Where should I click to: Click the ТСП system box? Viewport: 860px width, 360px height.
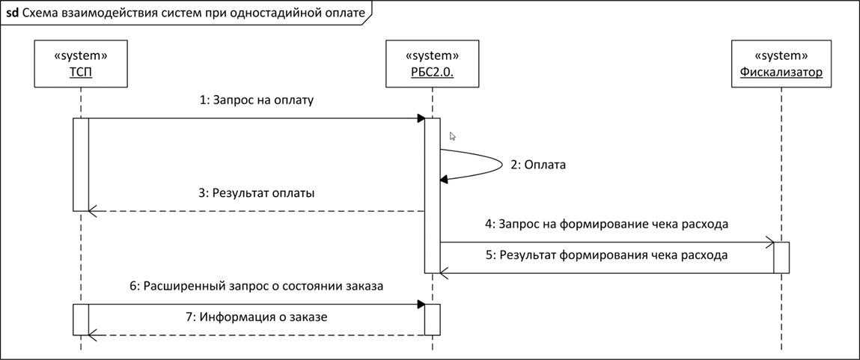(81, 64)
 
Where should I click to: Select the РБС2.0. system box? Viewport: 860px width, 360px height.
(432, 64)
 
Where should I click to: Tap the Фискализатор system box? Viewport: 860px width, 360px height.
(781, 64)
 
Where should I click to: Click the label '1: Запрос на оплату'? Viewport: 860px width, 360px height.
(257, 100)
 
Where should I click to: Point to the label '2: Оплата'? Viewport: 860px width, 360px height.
(538, 165)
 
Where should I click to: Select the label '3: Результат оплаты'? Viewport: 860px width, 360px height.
(257, 193)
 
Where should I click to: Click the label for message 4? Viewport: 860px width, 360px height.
(606, 224)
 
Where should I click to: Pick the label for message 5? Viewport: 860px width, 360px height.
(606, 255)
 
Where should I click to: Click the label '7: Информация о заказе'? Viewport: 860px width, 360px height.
(257, 317)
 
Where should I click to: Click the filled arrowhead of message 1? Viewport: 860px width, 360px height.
(421, 118)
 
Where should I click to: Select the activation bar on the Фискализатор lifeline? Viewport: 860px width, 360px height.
(781, 257)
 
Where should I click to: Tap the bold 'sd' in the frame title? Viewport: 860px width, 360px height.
(11, 14)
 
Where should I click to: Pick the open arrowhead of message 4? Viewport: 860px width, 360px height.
(769, 242)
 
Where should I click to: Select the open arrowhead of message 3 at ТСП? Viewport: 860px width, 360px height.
(94, 211)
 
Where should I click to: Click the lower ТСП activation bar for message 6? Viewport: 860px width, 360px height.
(81, 320)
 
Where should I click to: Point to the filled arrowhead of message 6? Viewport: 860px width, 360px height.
(421, 304)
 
